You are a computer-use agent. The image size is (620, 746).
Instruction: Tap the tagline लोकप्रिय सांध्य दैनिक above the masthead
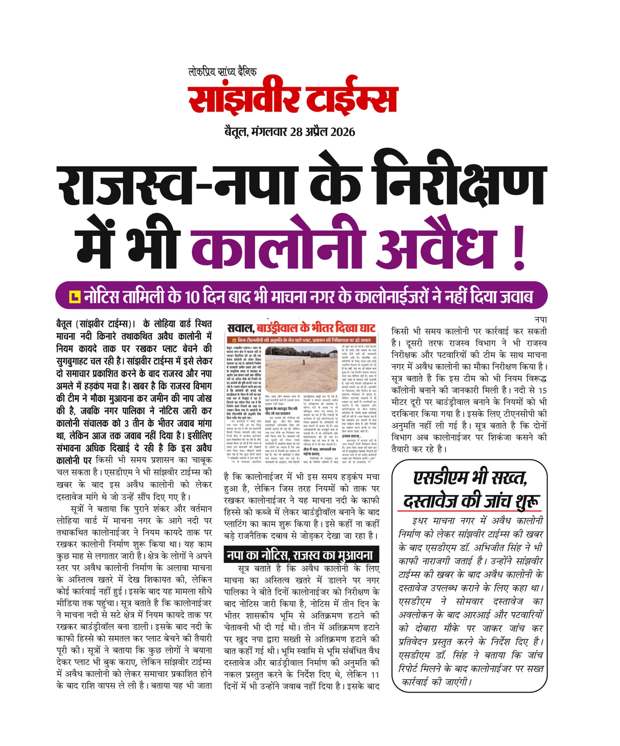click(x=222, y=72)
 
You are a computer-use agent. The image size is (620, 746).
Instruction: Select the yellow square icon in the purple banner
click(x=75, y=296)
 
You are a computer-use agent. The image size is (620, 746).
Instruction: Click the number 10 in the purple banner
click(x=192, y=297)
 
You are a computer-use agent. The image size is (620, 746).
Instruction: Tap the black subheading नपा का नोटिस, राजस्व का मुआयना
click(x=301, y=555)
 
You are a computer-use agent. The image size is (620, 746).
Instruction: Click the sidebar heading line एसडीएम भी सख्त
click(x=470, y=478)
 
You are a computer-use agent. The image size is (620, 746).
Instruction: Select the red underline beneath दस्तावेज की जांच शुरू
click(x=469, y=511)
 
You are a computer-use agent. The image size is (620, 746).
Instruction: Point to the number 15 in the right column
click(x=542, y=390)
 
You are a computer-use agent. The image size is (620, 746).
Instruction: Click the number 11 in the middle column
click(x=374, y=675)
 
